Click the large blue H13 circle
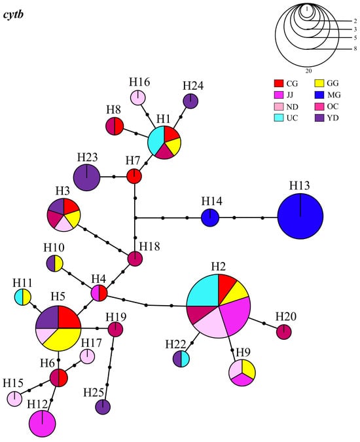pyautogui.click(x=300, y=216)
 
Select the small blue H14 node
pyautogui.click(x=210, y=217)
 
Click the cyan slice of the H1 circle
pyautogui.click(x=156, y=139)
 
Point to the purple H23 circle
pyautogui.click(x=87, y=177)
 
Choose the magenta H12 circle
pyautogui.click(x=43, y=424)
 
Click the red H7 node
pyautogui.click(x=134, y=176)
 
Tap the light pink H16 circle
pyautogui.click(x=138, y=98)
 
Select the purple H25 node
pyautogui.click(x=103, y=407)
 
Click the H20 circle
pyautogui.click(x=284, y=332)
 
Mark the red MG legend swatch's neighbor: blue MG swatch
pyautogui.click(x=319, y=95)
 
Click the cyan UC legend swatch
pyautogui.click(x=279, y=118)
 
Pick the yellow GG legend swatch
pyautogui.click(x=319, y=83)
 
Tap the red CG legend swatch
pyautogui.click(x=279, y=83)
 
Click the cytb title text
pyautogui.click(x=13, y=14)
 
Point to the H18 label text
pyautogui.click(x=150, y=246)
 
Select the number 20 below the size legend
pyautogui.click(x=308, y=71)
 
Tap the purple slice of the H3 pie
pyautogui.click(x=57, y=207)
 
